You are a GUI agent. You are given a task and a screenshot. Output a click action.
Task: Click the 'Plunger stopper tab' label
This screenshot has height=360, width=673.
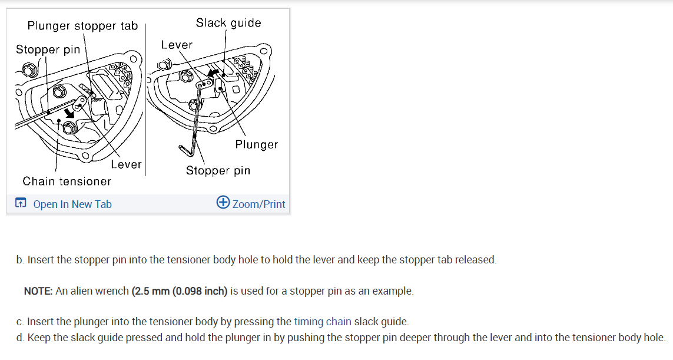tap(82, 26)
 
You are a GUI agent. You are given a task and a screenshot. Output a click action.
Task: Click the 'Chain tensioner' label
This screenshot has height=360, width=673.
tap(67, 181)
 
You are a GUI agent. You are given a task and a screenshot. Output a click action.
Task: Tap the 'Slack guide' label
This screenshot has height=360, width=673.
tap(228, 23)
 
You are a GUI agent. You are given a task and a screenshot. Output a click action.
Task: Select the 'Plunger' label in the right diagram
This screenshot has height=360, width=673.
tap(256, 144)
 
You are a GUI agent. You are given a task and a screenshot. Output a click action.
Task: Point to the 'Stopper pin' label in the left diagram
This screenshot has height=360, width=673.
tap(48, 49)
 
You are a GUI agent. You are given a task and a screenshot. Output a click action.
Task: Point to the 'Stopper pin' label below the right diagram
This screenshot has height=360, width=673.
tap(218, 171)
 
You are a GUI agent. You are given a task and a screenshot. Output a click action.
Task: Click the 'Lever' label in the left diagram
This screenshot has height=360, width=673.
tap(126, 164)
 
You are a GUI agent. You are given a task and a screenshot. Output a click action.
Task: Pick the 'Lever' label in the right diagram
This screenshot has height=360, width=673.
tap(177, 45)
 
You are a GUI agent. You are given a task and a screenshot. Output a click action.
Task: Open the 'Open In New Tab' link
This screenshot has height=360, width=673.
tap(72, 204)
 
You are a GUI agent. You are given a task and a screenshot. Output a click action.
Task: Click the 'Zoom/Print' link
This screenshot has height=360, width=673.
tap(258, 204)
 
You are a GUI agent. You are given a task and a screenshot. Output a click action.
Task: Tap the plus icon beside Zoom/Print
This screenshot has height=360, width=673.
tap(223, 203)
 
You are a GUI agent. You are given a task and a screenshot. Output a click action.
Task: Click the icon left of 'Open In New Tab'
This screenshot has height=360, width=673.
tap(21, 204)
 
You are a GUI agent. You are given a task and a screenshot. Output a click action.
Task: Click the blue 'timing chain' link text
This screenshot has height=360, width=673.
tap(322, 322)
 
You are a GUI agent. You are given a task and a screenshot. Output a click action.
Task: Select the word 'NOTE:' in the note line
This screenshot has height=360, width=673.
tap(38, 291)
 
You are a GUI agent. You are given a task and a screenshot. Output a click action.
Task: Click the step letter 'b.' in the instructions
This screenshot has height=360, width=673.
tap(21, 260)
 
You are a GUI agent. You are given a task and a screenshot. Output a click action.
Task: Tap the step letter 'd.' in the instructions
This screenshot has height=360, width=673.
tap(21, 338)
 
